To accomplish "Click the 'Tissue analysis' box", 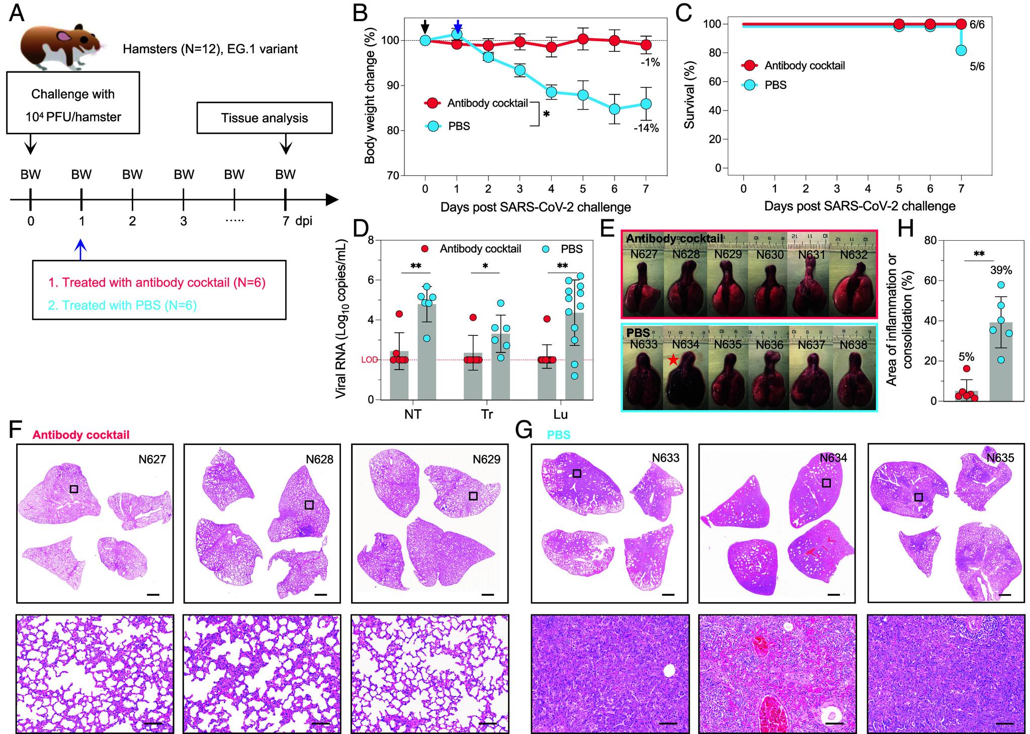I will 265,118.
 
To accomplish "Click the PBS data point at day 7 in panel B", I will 646,104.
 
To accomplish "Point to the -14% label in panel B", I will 646,128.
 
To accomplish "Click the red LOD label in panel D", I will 369,360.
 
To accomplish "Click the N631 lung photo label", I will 812,255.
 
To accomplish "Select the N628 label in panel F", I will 320,459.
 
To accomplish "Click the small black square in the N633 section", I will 577,473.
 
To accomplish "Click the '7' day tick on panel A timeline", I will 286,221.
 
